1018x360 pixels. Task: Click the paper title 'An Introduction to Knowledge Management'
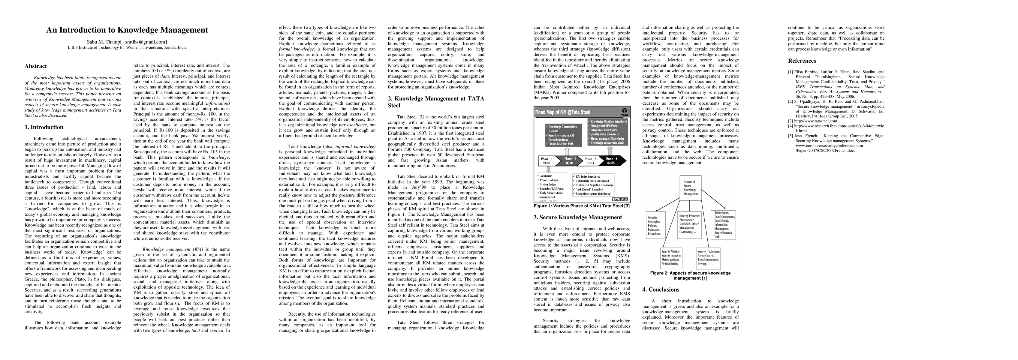(x=127, y=30)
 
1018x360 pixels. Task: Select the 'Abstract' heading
(x=36, y=66)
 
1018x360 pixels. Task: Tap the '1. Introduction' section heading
(x=44, y=127)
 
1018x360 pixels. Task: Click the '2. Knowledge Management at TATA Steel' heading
(x=435, y=102)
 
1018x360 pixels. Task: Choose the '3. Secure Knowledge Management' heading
(x=577, y=217)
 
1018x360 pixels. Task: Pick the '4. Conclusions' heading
(x=661, y=290)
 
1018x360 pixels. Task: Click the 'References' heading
(x=802, y=61)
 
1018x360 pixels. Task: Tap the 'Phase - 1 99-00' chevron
(x=547, y=161)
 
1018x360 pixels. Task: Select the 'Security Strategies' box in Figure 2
(x=655, y=225)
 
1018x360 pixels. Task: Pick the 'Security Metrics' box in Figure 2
(x=671, y=257)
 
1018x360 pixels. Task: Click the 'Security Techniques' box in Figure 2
(x=709, y=257)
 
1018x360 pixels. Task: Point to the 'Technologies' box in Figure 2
(x=724, y=224)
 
